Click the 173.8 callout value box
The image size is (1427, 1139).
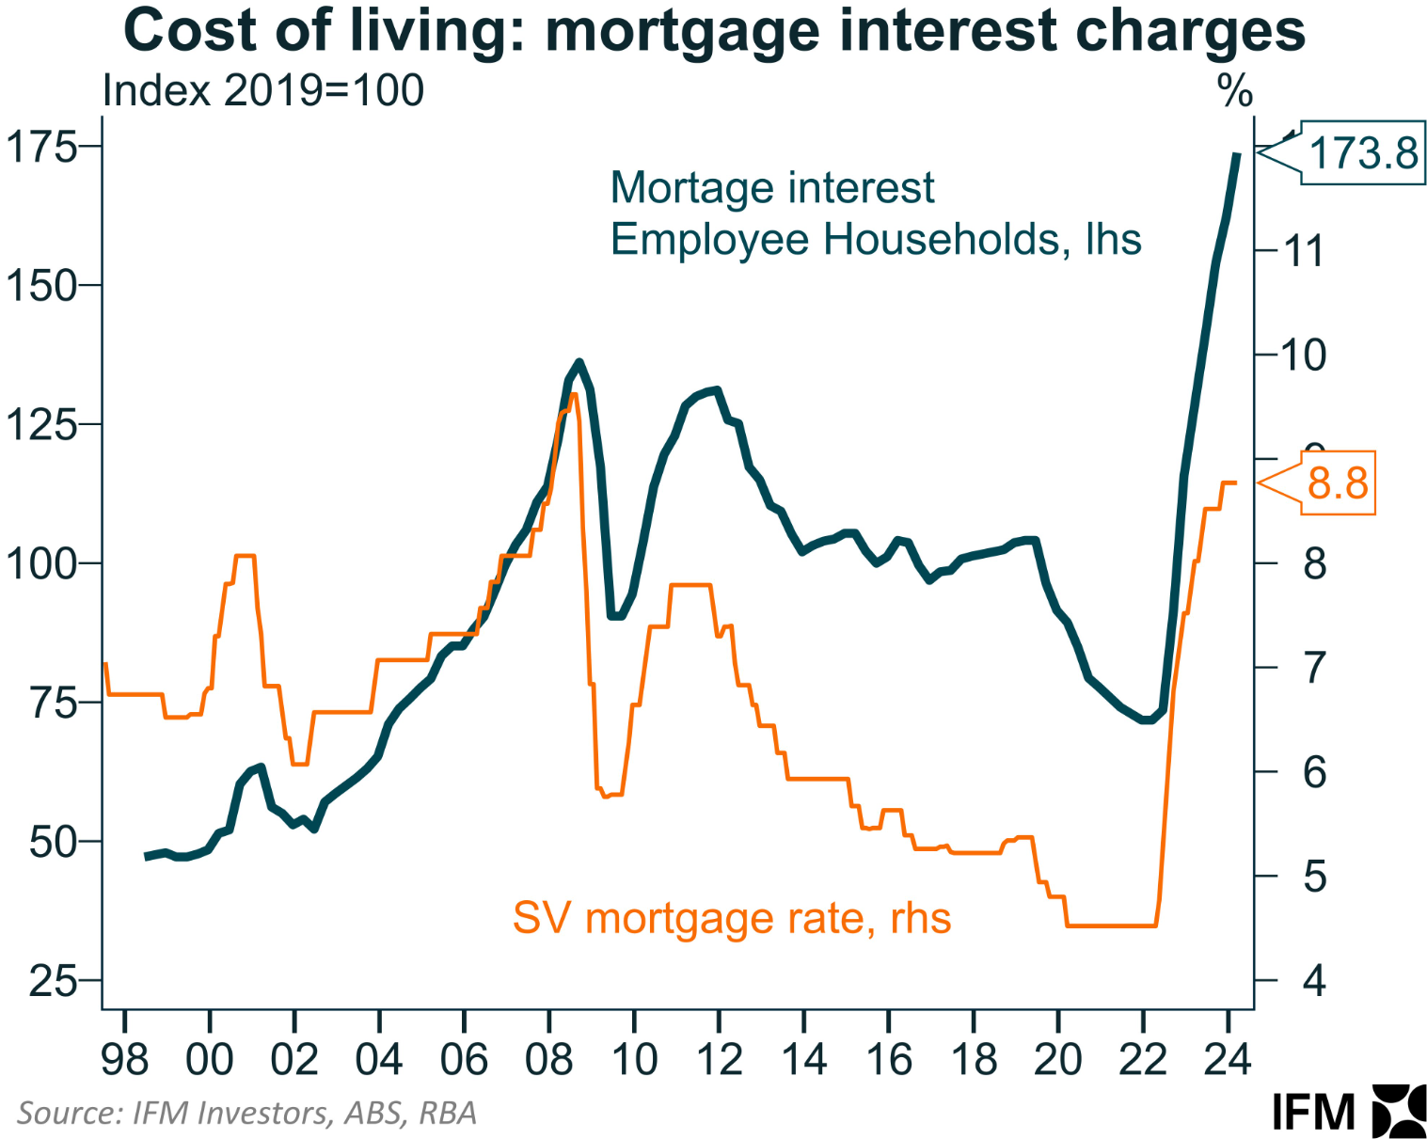pos(1362,152)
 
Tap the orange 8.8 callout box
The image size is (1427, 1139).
pos(1337,483)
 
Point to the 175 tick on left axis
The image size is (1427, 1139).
pos(42,147)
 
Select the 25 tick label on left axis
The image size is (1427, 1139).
pos(53,981)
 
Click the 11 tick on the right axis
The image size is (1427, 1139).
pos(1304,251)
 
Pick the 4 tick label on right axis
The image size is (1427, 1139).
pos(1314,981)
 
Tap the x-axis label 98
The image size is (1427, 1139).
pos(124,1060)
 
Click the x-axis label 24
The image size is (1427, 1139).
pos(1228,1060)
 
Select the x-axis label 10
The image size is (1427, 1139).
pos(634,1060)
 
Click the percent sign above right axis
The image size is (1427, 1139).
pos(1234,92)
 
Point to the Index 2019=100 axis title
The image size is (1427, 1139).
pos(262,91)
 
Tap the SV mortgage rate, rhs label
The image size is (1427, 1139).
pos(731,918)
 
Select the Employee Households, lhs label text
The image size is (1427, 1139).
pos(875,240)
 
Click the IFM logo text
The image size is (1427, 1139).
pos(1313,1113)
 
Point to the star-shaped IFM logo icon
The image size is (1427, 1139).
pos(1399,1111)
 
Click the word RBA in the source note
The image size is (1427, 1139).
pos(448,1114)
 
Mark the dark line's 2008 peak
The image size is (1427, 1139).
pos(579,362)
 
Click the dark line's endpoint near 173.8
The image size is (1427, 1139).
pos(1237,153)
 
